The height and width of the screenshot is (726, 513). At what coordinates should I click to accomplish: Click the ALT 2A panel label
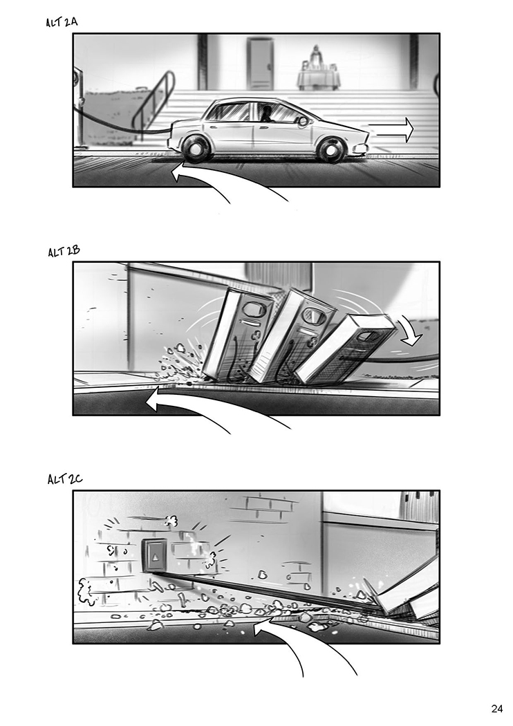tap(62, 22)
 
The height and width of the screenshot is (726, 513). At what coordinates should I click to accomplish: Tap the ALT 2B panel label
tap(64, 252)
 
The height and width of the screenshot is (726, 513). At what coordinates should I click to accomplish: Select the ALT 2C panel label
tap(65, 479)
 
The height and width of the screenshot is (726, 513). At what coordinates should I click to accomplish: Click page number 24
tap(497, 709)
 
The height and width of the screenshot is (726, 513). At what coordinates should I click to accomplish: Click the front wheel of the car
tap(331, 150)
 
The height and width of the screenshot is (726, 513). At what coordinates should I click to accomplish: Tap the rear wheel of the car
tap(197, 150)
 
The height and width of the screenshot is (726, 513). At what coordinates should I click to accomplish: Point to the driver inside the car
tap(267, 114)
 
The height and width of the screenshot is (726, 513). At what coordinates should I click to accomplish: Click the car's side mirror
tap(304, 122)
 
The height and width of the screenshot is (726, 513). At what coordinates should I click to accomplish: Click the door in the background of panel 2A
tap(260, 64)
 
